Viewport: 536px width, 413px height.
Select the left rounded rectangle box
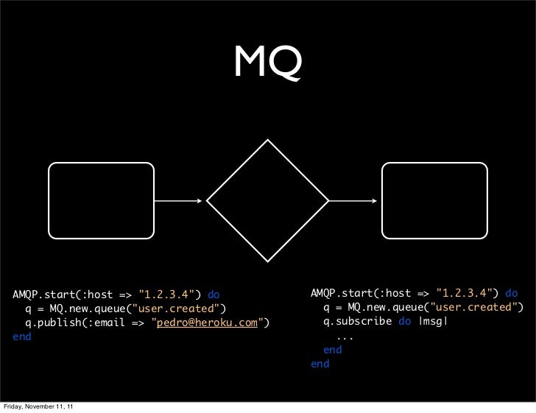coord(102,200)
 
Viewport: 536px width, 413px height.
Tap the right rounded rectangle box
coord(434,200)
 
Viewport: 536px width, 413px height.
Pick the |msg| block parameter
coord(433,321)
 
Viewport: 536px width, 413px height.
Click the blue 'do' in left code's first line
coord(214,294)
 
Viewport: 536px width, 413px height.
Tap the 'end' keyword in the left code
coord(22,336)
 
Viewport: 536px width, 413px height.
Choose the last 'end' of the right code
coord(320,364)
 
